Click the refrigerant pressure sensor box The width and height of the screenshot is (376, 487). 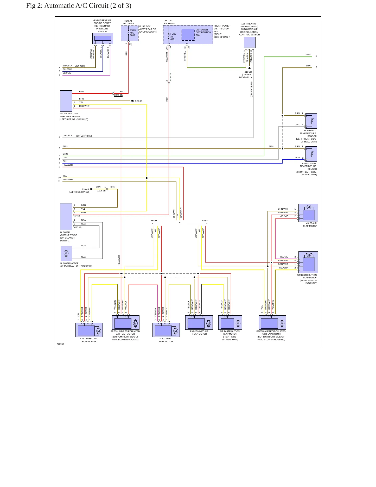coord(103,39)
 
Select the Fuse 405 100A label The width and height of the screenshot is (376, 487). coord(133,33)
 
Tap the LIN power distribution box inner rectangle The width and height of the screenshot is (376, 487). coord(188,35)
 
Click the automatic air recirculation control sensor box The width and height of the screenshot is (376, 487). coord(250,42)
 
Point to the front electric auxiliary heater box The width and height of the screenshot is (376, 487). coord(66,101)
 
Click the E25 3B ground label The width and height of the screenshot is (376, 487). coord(138,101)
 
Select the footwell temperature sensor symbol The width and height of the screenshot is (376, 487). coord(311,121)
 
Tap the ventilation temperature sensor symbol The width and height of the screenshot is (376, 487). coord(311,154)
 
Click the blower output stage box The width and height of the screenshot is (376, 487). coord(66,217)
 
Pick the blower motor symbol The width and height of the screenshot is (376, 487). coord(66,254)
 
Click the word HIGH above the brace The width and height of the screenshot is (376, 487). coord(154,221)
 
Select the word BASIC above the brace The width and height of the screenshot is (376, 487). coord(205,221)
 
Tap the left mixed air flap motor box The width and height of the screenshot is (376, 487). coord(89,330)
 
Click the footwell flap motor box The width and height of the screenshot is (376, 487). coord(166,330)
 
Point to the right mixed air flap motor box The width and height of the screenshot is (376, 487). coord(199,322)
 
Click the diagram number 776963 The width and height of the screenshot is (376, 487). coord(60,344)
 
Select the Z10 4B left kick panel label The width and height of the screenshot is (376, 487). coord(79,191)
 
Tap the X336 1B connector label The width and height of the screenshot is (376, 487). coord(118,95)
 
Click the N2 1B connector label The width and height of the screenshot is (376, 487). coord(77,216)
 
